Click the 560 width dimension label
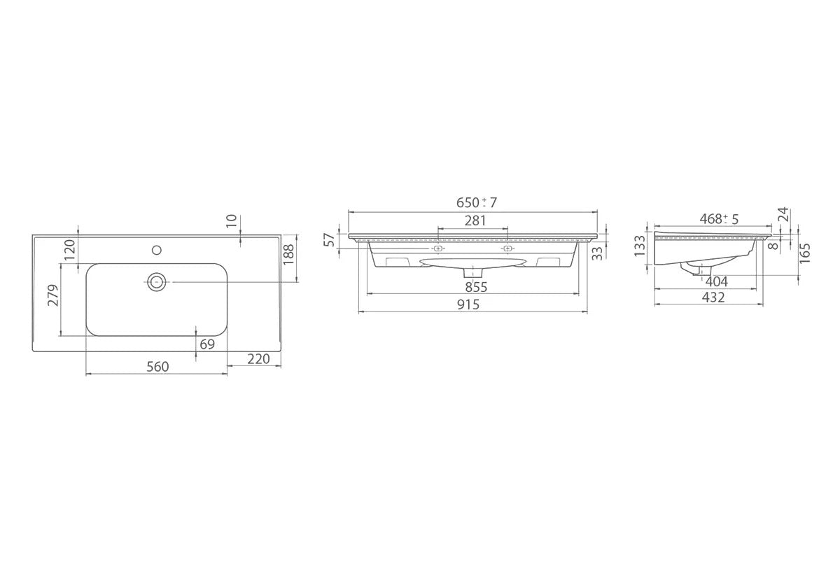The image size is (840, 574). [x=157, y=366]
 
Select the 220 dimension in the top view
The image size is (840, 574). [x=258, y=359]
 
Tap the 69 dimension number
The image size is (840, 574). [x=207, y=344]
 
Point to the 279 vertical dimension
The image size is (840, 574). [x=54, y=295]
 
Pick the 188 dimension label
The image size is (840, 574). [x=288, y=254]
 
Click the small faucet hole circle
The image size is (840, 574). [x=157, y=250]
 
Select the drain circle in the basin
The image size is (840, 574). [x=156, y=281]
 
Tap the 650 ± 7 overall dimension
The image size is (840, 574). [x=477, y=202]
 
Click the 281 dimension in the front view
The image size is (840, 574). [x=475, y=220]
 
